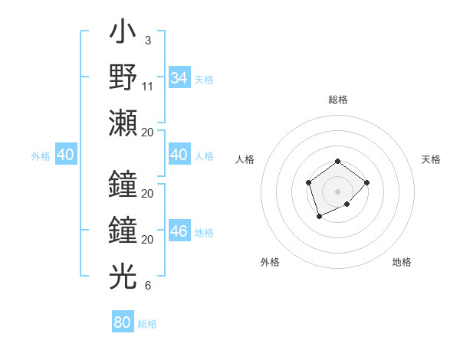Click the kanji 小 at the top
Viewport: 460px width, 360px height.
[x=123, y=34]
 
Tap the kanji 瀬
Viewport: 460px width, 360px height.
[x=123, y=123]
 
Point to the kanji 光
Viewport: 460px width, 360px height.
[x=123, y=277]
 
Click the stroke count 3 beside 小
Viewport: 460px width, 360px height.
[x=147, y=40]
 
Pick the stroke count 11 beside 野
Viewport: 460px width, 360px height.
[x=148, y=87]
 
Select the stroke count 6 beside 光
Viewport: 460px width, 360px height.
[x=147, y=286]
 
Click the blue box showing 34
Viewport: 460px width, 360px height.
[x=179, y=78]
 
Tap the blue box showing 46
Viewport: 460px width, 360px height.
[x=179, y=232]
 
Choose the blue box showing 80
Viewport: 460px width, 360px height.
[x=122, y=322]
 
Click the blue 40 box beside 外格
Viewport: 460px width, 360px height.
[x=65, y=155]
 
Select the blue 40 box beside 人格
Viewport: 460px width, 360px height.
[x=179, y=155]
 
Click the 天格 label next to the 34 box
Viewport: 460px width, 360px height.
[x=204, y=79]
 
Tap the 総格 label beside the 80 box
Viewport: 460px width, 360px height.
[x=147, y=323]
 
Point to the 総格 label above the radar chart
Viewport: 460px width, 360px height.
[x=337, y=100]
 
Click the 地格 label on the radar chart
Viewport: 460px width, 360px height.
[x=402, y=262]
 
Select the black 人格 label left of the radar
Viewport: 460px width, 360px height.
[x=245, y=159]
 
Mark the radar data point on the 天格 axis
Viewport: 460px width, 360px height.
[x=367, y=182]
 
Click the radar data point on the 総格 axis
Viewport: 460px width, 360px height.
[x=337, y=161]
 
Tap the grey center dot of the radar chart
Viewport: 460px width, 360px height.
[x=337, y=191]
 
